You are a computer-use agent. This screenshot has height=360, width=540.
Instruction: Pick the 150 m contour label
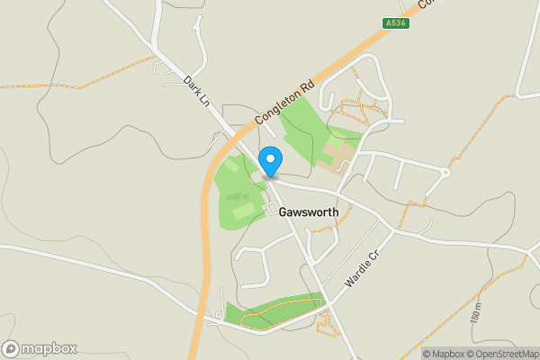coord(474,313)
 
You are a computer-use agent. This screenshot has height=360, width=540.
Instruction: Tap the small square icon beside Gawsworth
coord(271,210)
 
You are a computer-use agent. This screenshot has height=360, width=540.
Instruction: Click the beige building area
coord(337,154)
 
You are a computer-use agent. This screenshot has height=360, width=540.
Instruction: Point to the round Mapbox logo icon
coord(11,348)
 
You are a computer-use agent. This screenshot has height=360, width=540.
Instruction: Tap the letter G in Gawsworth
coord(283,211)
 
